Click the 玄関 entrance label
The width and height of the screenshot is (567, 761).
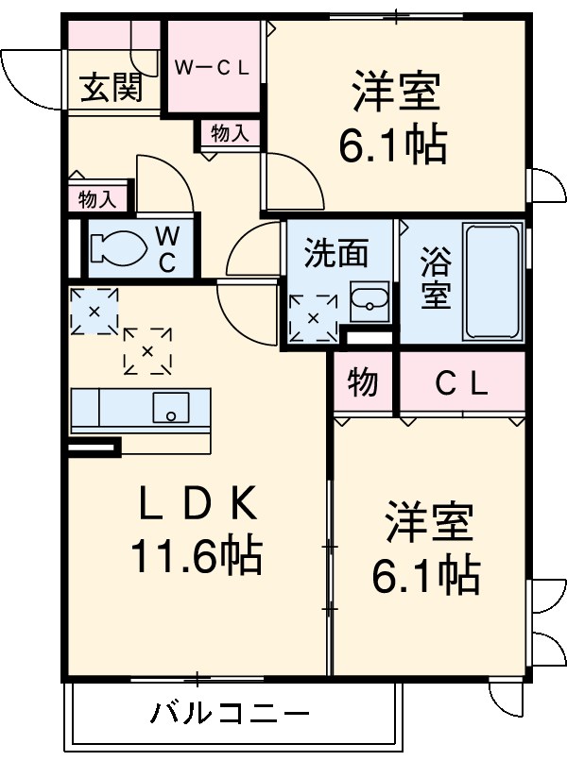[112, 89]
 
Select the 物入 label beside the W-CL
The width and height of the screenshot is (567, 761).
[230, 134]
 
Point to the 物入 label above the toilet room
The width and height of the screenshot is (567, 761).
[97, 199]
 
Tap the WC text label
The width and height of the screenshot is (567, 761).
[166, 247]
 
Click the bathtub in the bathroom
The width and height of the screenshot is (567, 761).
[493, 281]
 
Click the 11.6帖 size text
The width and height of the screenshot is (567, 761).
[197, 558]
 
